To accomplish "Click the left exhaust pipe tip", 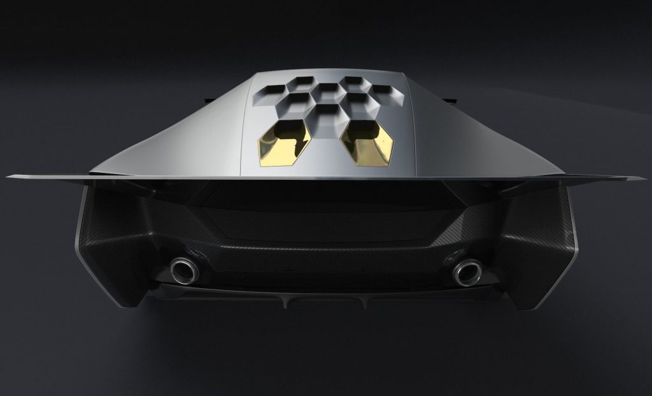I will [x=185, y=270].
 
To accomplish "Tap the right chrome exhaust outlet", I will [x=466, y=272].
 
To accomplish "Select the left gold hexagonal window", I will [x=284, y=143].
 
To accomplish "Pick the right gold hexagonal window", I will [x=368, y=143].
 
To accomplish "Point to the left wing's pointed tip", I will [x=9, y=176].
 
